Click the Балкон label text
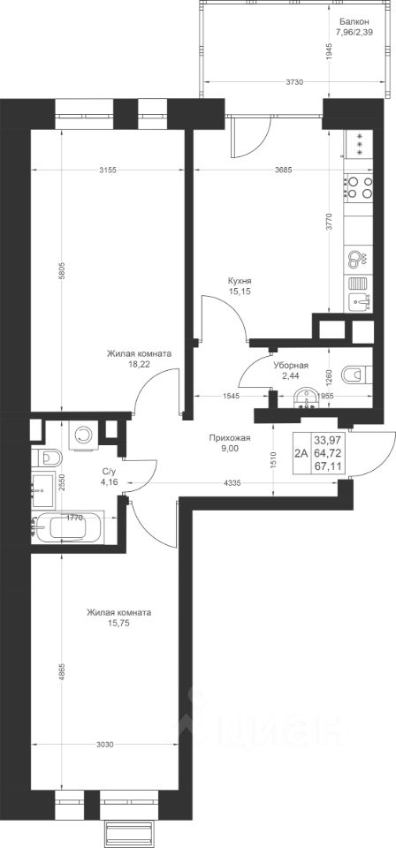[354, 22]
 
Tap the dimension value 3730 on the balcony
[294, 82]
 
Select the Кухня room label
[240, 281]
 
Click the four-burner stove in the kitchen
[359, 187]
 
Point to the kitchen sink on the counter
[359, 302]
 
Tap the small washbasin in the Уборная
[306, 397]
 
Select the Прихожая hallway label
[231, 438]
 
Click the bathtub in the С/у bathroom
[68, 526]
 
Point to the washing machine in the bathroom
[84, 434]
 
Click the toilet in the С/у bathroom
[47, 458]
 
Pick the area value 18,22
[139, 365]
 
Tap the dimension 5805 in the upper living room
[63, 274]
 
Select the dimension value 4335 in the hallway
[232, 482]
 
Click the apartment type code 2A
[301, 454]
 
